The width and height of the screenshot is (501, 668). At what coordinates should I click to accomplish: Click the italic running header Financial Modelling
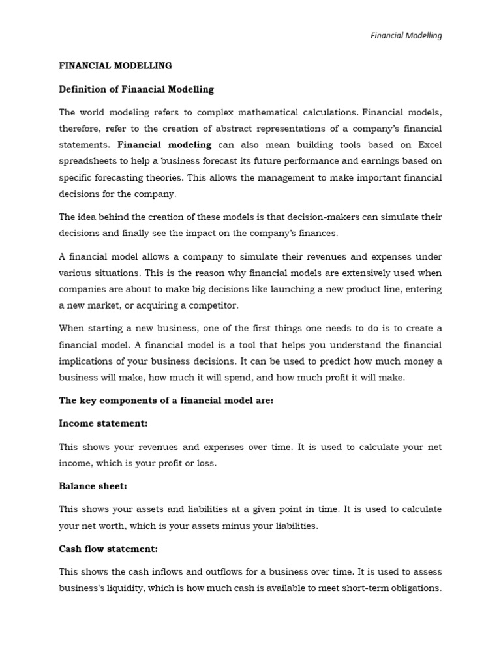click(x=406, y=35)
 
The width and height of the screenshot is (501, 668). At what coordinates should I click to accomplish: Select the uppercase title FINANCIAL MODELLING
click(x=115, y=66)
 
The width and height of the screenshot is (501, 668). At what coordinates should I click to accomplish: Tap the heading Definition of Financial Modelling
click(x=136, y=89)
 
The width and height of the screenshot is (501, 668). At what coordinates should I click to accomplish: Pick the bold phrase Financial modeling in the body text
click(x=164, y=145)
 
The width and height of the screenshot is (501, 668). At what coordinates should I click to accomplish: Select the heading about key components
click(x=166, y=401)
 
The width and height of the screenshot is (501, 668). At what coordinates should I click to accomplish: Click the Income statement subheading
click(x=103, y=423)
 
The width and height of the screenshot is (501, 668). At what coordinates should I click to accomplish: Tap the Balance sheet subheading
click(x=93, y=486)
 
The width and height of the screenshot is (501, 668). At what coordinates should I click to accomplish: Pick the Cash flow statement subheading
click(x=108, y=549)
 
